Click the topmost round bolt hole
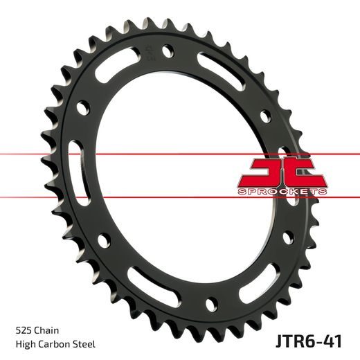tap(167, 50)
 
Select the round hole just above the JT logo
tap(264, 118)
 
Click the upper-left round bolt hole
tap(84, 107)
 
